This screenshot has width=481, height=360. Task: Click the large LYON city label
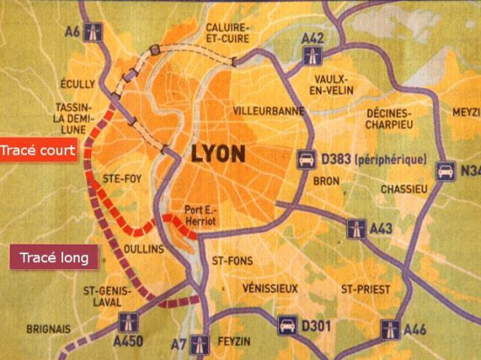click(217, 156)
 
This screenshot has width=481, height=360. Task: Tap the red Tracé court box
click(37, 150)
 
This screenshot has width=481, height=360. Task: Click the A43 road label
click(382, 228)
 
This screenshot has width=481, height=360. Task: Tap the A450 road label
click(128, 343)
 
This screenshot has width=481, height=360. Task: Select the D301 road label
click(319, 327)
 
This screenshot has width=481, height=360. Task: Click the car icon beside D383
click(307, 160)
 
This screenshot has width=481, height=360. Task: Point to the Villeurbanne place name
click(267, 111)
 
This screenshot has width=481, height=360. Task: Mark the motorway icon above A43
click(355, 228)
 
